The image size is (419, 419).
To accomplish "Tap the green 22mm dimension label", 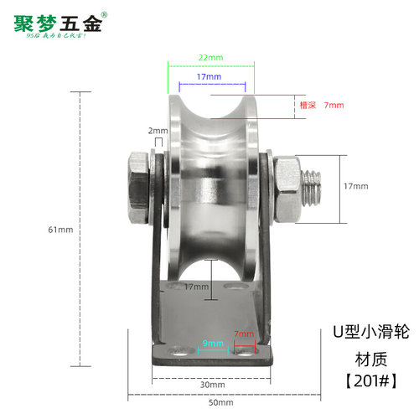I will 209,56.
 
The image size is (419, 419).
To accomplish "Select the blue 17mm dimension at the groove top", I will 209,76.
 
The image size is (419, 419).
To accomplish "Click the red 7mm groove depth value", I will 334,106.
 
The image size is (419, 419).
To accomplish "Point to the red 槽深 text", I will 308,106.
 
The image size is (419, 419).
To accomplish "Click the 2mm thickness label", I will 157,131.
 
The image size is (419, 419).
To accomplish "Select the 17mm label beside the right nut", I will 356,185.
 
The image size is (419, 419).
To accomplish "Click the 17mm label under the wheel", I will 196,287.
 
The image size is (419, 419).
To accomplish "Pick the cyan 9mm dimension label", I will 212,343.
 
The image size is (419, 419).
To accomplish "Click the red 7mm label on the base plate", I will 244,334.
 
